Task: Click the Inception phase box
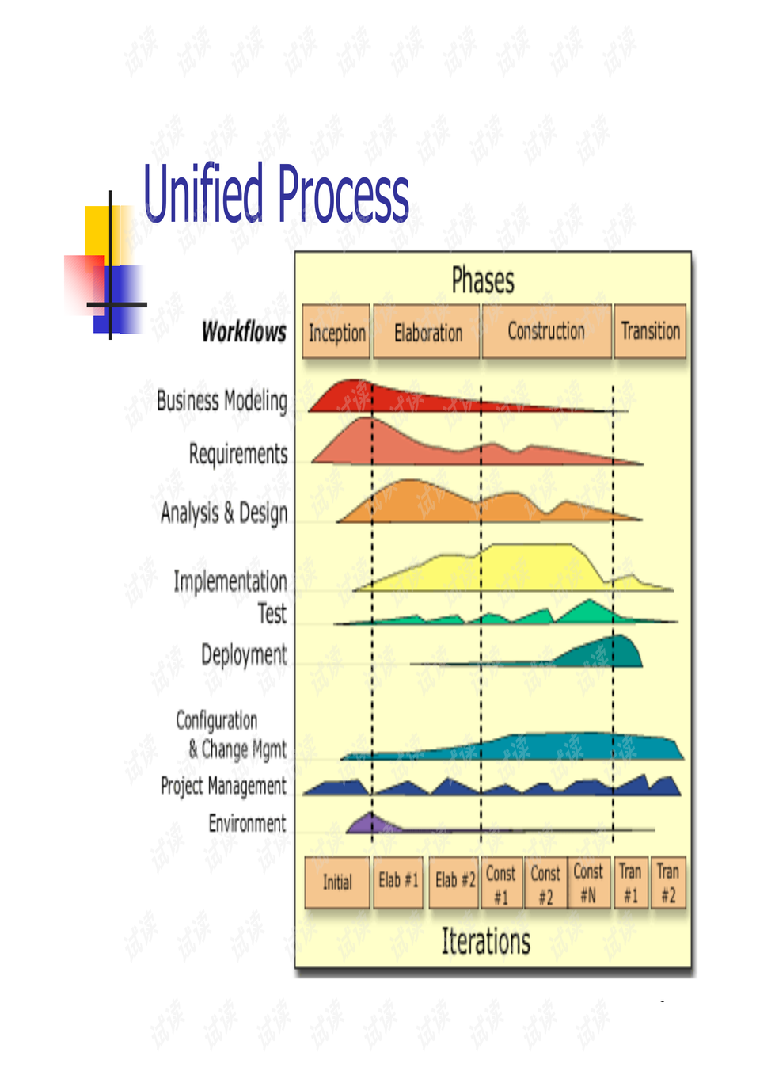click(336, 331)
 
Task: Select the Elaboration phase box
click(427, 331)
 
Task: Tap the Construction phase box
click(546, 331)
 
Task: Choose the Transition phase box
click(650, 331)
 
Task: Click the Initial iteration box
click(337, 882)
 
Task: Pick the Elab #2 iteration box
click(454, 882)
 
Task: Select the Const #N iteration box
click(589, 882)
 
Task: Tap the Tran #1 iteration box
click(631, 882)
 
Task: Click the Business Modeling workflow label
click(222, 401)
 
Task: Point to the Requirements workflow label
click(238, 454)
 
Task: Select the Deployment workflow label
click(244, 655)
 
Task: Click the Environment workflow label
click(248, 823)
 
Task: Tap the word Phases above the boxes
click(483, 280)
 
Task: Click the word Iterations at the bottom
click(486, 941)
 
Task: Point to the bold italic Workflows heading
click(244, 332)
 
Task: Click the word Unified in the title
click(203, 193)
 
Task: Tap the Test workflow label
click(272, 614)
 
